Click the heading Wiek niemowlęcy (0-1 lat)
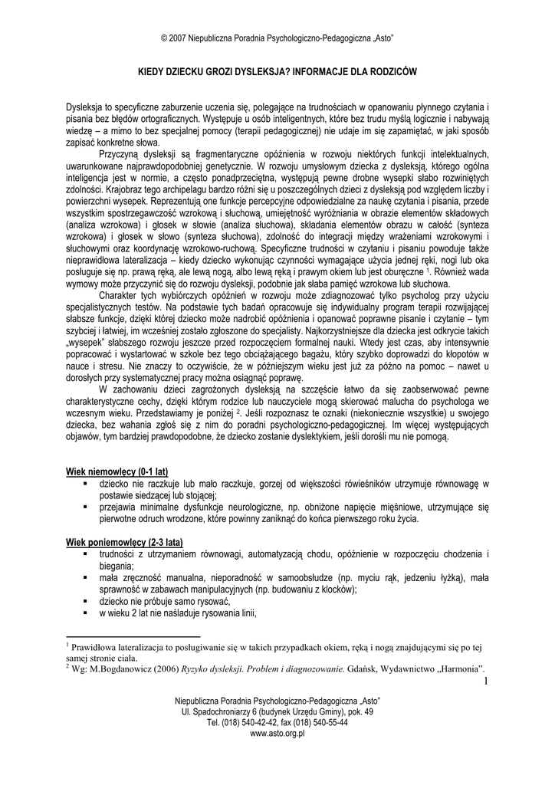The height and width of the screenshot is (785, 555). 117,470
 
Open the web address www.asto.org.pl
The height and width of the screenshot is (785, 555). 277,733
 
